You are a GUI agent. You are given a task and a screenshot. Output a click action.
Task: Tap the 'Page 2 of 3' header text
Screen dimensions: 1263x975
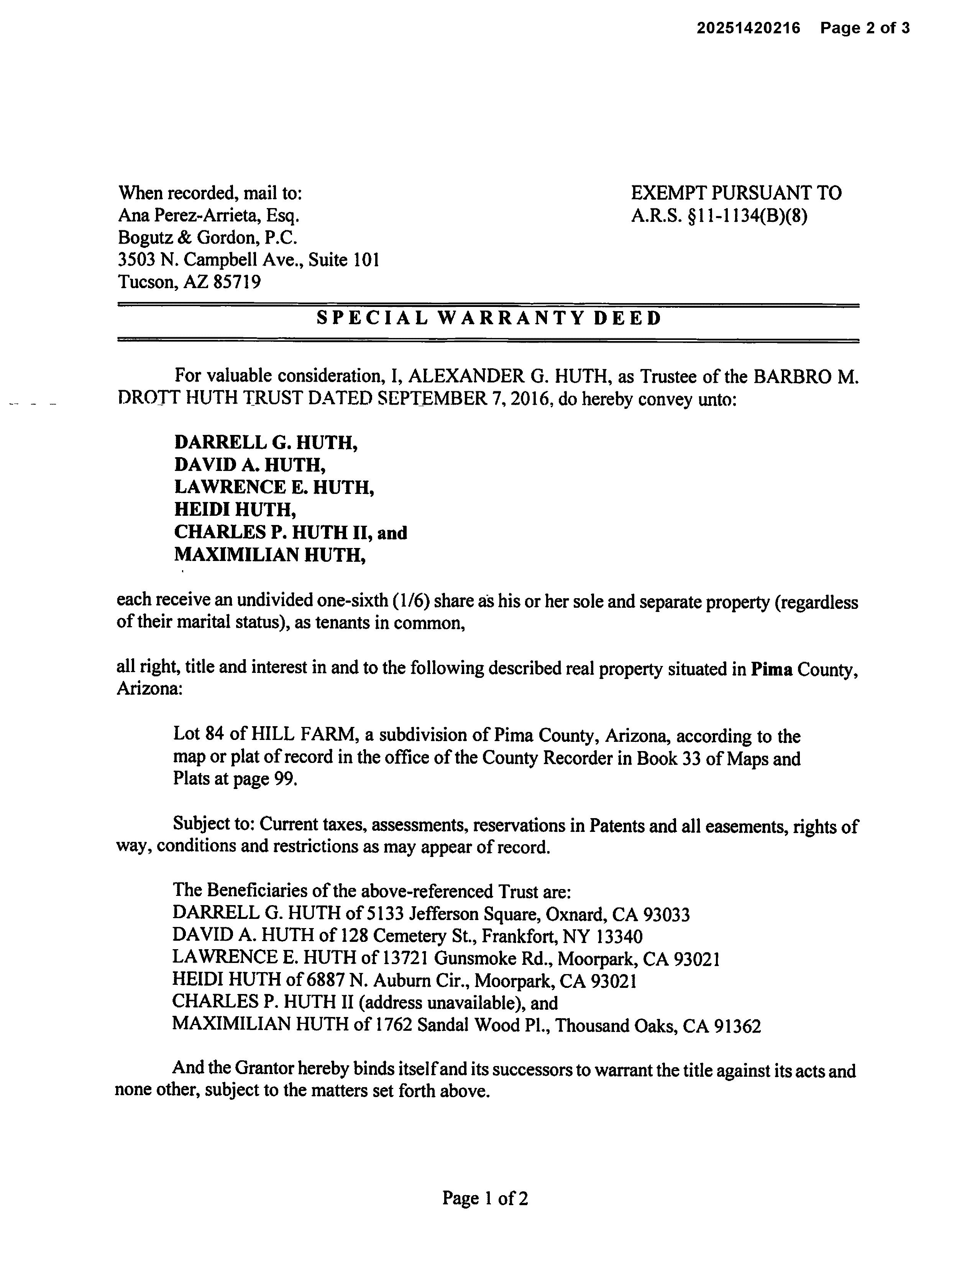pyautogui.click(x=865, y=28)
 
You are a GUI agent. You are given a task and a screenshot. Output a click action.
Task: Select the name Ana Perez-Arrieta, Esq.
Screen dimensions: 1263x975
pyautogui.click(x=208, y=216)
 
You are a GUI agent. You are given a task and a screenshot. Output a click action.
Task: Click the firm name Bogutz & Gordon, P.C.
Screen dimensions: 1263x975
pyautogui.click(x=207, y=238)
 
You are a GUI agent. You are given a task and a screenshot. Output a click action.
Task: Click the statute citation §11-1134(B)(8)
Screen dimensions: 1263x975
pyautogui.click(x=746, y=216)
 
